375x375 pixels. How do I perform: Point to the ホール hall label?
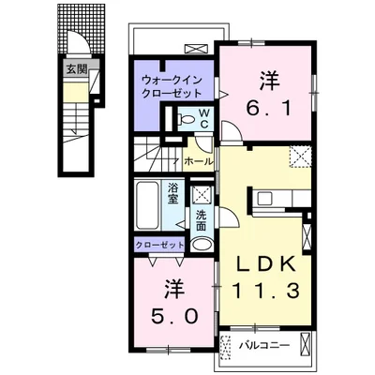click(198, 161)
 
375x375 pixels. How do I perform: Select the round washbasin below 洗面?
click(202, 245)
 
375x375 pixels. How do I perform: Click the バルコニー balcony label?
click(263, 344)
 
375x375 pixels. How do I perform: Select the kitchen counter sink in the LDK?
click(266, 199)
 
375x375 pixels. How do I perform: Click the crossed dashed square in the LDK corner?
click(300, 157)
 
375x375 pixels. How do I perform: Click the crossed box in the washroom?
click(202, 195)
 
